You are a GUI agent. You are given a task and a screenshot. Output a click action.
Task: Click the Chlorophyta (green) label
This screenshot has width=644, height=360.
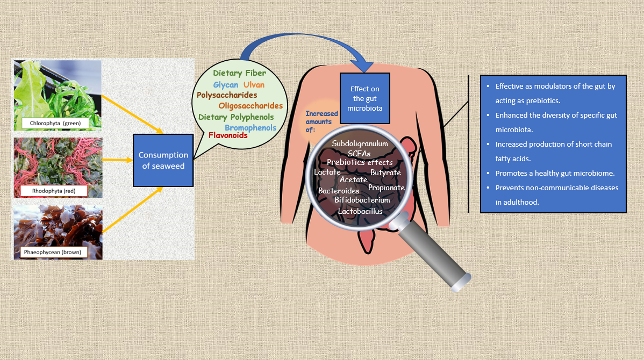click(x=55, y=124)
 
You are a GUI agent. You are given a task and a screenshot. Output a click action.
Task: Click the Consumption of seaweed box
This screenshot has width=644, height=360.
click(x=163, y=161)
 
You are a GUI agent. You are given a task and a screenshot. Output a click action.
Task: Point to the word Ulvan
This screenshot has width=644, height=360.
click(x=254, y=85)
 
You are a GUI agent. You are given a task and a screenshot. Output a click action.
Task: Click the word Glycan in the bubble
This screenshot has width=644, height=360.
click(x=225, y=85)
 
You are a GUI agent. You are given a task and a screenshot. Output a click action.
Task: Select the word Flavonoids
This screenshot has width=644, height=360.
click(x=228, y=135)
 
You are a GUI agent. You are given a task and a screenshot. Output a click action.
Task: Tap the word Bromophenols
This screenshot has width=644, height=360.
click(x=251, y=127)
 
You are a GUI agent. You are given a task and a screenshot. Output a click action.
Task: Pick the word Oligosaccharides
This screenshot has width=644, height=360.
click(x=251, y=106)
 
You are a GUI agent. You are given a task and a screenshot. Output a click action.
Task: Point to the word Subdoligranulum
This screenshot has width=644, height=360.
click(x=360, y=144)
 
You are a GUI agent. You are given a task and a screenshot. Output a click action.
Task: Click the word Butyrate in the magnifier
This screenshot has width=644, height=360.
click(x=385, y=172)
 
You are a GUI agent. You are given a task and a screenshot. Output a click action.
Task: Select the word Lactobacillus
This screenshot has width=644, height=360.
click(x=360, y=211)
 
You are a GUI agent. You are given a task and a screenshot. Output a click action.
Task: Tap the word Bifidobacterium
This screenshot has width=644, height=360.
click(x=362, y=200)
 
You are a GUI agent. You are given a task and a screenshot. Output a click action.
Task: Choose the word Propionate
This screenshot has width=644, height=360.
click(x=386, y=188)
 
